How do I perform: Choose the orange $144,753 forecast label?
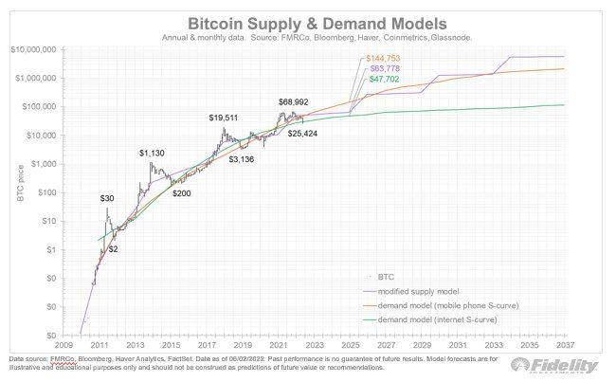[x=388, y=59]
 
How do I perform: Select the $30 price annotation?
[x=109, y=198]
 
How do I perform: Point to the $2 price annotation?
[x=113, y=247]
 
